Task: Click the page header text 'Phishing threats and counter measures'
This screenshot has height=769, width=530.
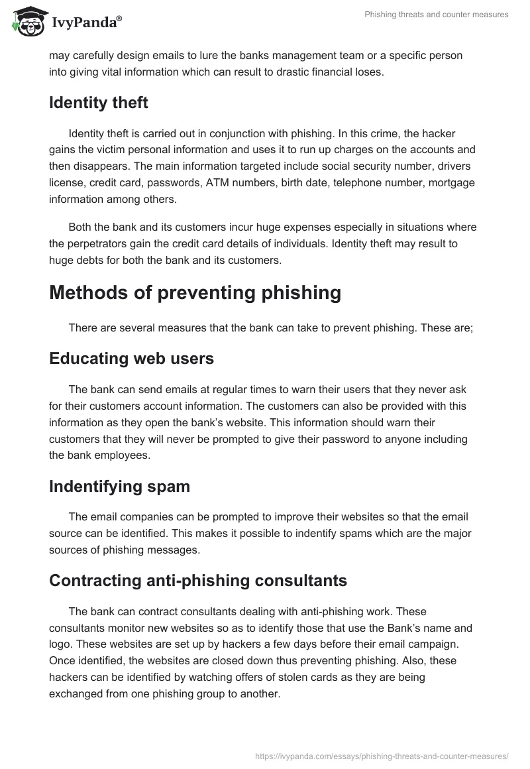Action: click(436, 15)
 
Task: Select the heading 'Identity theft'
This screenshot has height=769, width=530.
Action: click(99, 103)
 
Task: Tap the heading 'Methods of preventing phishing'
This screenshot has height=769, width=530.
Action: click(195, 292)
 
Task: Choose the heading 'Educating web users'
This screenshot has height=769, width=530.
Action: click(131, 359)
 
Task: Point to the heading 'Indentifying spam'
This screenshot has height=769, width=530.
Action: click(119, 486)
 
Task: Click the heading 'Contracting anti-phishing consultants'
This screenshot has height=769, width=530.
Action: click(198, 581)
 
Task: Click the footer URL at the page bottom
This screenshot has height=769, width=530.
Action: click(382, 755)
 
